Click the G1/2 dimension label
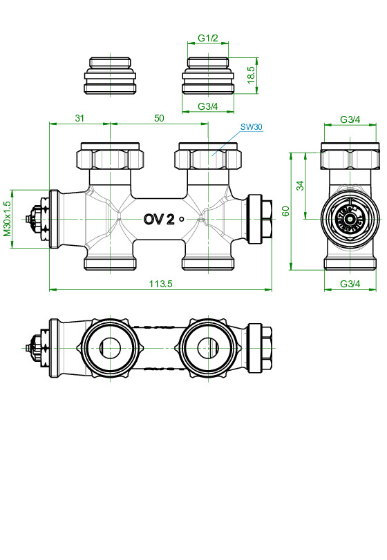pyautogui.click(x=208, y=37)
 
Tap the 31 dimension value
pyautogui.click(x=79, y=118)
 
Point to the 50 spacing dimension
pyautogui.click(x=159, y=118)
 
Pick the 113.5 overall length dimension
pyautogui.click(x=159, y=283)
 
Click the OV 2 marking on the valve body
pyautogui.click(x=158, y=219)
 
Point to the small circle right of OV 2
pyautogui.click(x=182, y=219)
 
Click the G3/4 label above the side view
pyautogui.click(x=350, y=119)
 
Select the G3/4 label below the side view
pyautogui.click(x=350, y=284)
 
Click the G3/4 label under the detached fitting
pyautogui.click(x=208, y=106)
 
